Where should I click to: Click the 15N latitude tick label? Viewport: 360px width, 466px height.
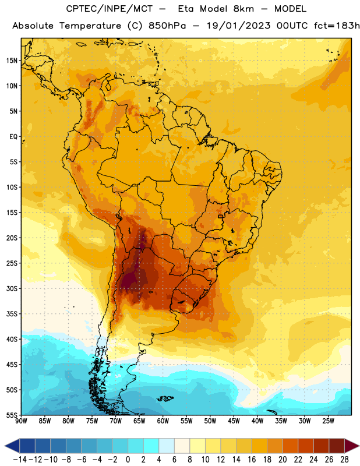tap(12, 61)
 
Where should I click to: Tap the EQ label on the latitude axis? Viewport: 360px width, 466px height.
tap(13, 137)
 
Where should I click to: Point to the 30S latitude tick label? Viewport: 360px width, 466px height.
tap(12, 288)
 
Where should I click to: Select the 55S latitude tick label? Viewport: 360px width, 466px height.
tap(12, 415)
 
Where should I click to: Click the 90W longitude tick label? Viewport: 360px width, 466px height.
tap(21, 421)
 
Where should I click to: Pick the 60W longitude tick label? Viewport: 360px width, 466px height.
tap(163, 421)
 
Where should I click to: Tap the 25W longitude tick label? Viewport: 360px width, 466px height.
tap(328, 421)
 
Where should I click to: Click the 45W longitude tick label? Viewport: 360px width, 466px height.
tap(234, 421)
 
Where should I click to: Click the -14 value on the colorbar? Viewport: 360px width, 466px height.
tap(20, 460)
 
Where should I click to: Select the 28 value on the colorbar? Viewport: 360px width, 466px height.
tap(344, 460)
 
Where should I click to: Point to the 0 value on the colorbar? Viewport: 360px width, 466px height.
tap(128, 460)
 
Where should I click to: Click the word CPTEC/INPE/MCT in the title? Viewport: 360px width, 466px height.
tap(110, 9)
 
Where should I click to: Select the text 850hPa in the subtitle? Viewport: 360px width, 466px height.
tap(167, 26)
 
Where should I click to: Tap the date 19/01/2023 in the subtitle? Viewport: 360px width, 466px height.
tap(239, 26)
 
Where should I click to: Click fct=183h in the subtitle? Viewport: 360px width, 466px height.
tap(337, 26)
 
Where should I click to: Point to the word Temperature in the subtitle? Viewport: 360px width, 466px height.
tap(90, 26)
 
